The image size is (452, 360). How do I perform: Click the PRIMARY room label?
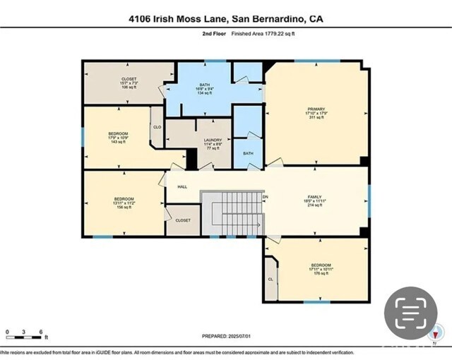pos(315,109)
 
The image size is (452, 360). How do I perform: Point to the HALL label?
pos(182,186)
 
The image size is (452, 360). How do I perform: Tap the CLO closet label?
pos(156,128)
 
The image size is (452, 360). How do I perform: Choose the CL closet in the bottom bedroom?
pos(270,279)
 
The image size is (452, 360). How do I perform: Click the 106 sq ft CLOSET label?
pos(129,79)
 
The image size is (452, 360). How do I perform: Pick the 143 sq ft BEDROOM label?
pos(118,133)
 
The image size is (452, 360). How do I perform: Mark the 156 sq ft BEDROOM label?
pos(124,199)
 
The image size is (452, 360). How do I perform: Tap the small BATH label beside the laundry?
pos(248,153)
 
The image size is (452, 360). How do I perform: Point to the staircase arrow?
pos(258,225)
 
